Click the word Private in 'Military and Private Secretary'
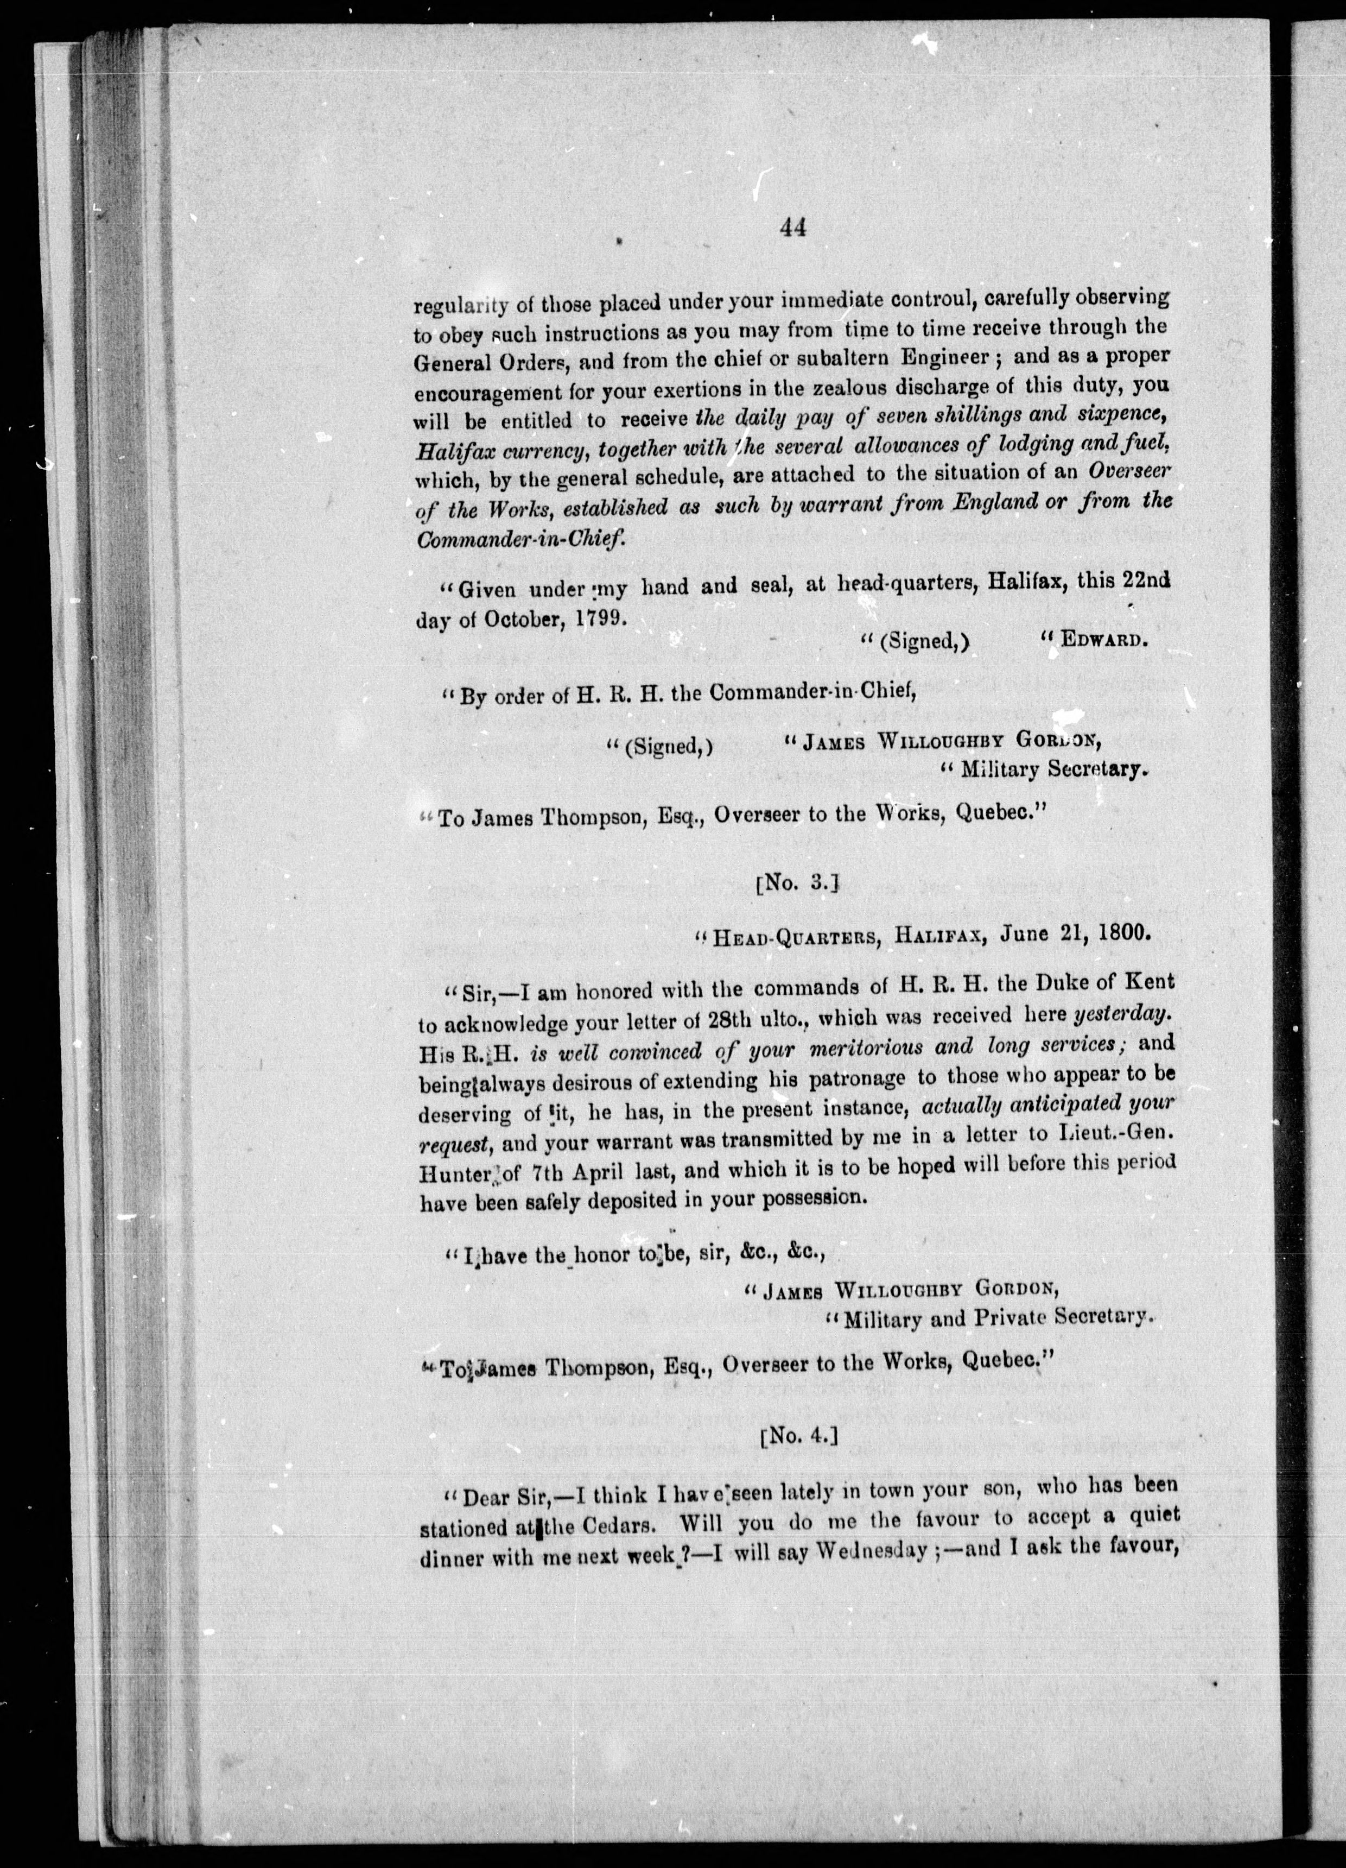click(1017, 1318)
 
